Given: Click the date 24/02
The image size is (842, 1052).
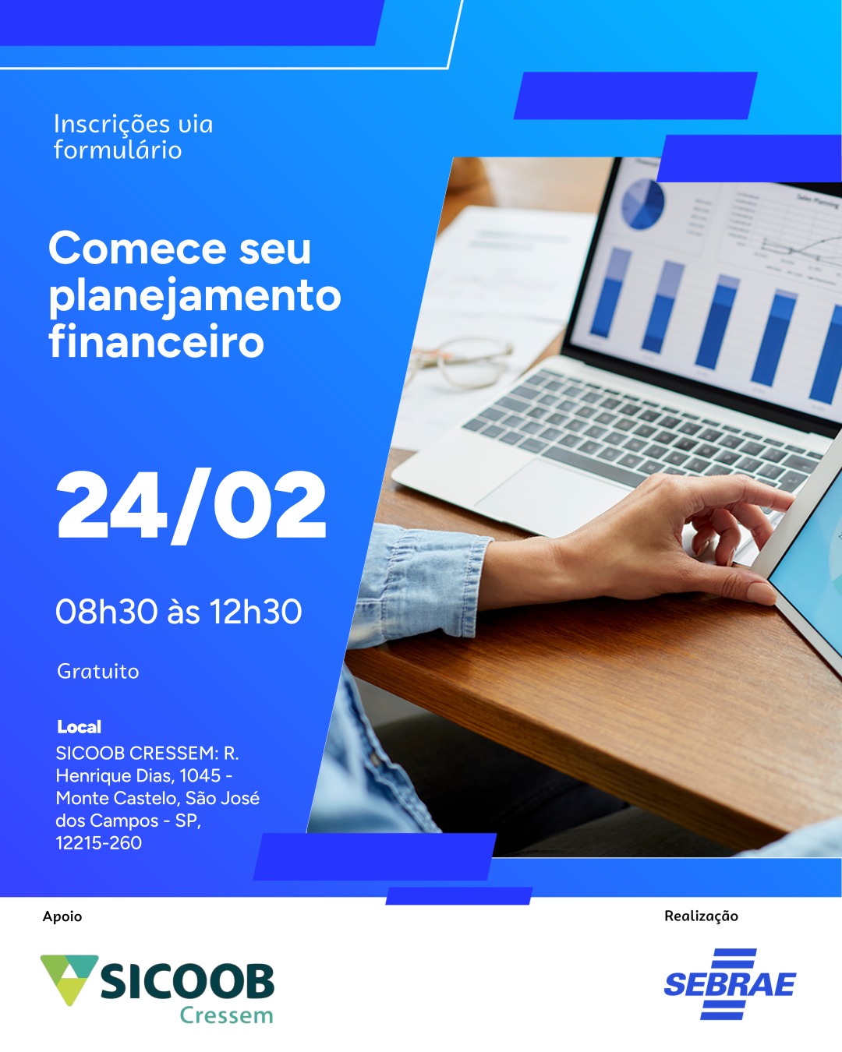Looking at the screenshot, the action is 191,506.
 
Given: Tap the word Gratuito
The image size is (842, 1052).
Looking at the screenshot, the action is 98,672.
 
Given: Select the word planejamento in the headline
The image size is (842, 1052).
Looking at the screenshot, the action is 195,297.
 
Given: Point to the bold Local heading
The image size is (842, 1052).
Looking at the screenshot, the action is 80,727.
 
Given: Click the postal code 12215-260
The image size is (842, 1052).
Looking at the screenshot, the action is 98,843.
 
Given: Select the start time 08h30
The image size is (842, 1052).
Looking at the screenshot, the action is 107,612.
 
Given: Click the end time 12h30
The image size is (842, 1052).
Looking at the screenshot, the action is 256,612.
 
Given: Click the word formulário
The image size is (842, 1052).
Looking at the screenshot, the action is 118,150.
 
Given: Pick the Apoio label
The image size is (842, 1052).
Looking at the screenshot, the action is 62,916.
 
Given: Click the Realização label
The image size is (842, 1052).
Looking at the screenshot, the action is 701,916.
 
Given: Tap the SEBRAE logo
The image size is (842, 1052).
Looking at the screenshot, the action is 730,984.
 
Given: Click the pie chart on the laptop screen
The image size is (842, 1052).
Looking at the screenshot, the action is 642,204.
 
